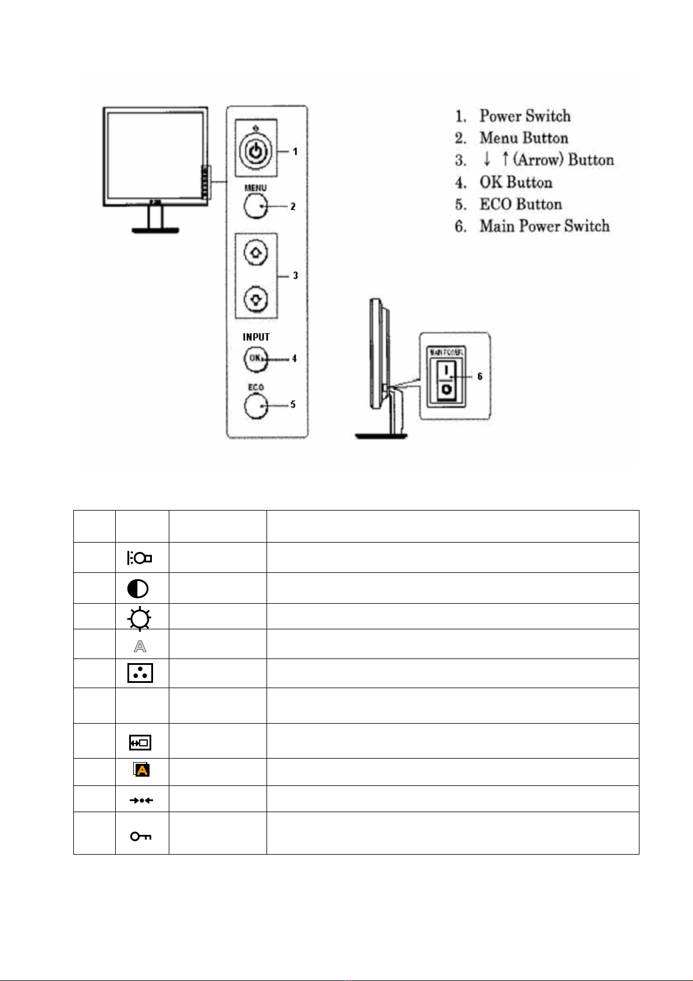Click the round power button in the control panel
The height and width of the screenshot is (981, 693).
255,151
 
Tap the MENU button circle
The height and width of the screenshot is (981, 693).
255,206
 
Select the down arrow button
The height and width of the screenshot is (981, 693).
257,299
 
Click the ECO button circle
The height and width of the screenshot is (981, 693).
255,405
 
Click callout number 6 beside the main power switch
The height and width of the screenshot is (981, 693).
480,377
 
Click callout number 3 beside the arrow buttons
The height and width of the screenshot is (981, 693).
296,275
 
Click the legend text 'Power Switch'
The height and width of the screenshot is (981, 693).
525,116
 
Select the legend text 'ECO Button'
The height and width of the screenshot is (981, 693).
521,204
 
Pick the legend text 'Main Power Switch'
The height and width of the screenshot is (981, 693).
545,226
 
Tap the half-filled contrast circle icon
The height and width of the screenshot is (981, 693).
138,589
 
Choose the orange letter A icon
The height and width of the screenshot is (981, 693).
142,770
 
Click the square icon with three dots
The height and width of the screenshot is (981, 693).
140,673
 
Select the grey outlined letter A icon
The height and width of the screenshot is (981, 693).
140,646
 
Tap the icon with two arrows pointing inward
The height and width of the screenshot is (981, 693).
141,801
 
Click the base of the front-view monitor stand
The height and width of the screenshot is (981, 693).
155,231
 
